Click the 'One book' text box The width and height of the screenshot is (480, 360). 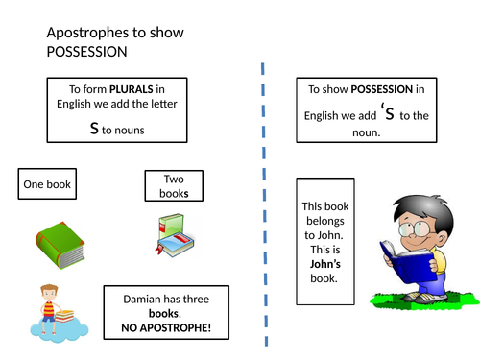coord(46,184)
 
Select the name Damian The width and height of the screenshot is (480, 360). coord(141,298)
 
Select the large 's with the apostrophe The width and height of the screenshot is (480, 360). coord(385,112)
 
